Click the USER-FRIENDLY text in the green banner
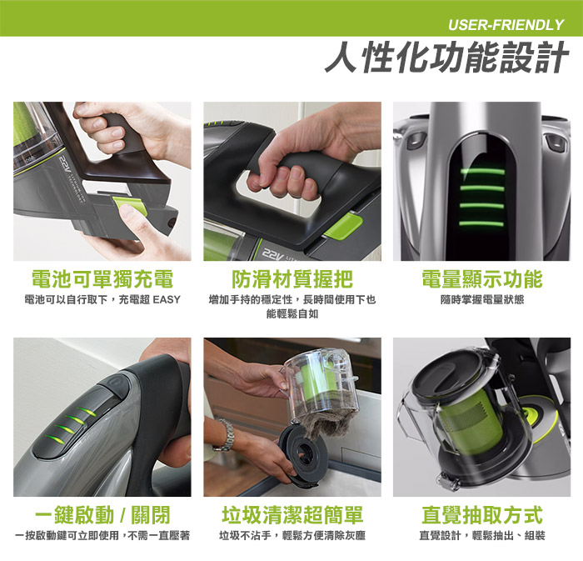click(506, 25)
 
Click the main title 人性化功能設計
click(447, 57)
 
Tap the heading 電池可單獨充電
click(102, 279)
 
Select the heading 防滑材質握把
click(292, 279)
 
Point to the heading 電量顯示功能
click(482, 279)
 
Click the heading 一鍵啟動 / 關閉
click(102, 515)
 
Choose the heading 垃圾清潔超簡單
click(292, 515)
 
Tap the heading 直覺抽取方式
click(482, 515)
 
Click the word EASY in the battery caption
click(167, 299)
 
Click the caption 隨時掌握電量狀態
click(482, 299)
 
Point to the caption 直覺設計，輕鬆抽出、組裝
click(482, 535)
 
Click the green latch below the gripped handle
click(343, 226)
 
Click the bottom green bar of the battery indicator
click(482, 224)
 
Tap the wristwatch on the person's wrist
click(225, 435)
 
